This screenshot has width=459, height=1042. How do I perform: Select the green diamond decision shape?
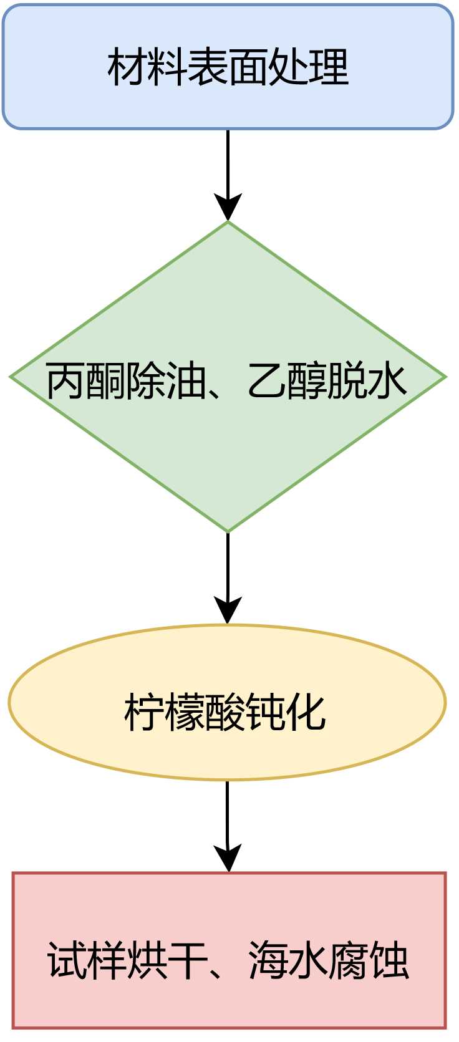click(x=228, y=449)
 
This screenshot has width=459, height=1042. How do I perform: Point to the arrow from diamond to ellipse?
click(x=228, y=577)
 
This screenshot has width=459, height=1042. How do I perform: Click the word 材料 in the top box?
click(x=147, y=67)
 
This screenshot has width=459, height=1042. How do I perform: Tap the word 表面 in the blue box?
click(x=228, y=67)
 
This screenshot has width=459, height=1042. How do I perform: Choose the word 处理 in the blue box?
click(x=307, y=67)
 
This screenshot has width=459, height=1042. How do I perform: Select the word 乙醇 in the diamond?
click(x=287, y=380)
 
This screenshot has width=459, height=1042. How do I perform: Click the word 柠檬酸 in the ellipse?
click(x=185, y=711)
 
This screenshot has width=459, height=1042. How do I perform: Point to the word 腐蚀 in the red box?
click(x=368, y=960)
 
